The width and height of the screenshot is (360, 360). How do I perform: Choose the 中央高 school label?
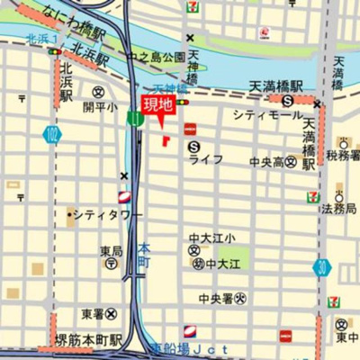pyautogui.click(x=266, y=162)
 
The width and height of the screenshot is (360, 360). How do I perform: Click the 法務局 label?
pyautogui.click(x=338, y=209)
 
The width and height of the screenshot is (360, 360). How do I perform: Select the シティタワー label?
pyautogui.click(x=109, y=215)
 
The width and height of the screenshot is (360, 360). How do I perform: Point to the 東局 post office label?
pyautogui.click(x=112, y=252)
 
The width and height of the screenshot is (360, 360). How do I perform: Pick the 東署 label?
pyautogui.click(x=92, y=314)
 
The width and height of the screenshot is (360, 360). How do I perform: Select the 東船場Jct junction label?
pyautogui.click(x=189, y=347)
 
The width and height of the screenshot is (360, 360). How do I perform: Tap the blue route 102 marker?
pyautogui.click(x=49, y=135)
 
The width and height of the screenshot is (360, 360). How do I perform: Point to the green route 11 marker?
pyautogui.click(x=134, y=118)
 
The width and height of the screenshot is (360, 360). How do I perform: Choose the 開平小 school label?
pyautogui.click(x=100, y=106)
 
